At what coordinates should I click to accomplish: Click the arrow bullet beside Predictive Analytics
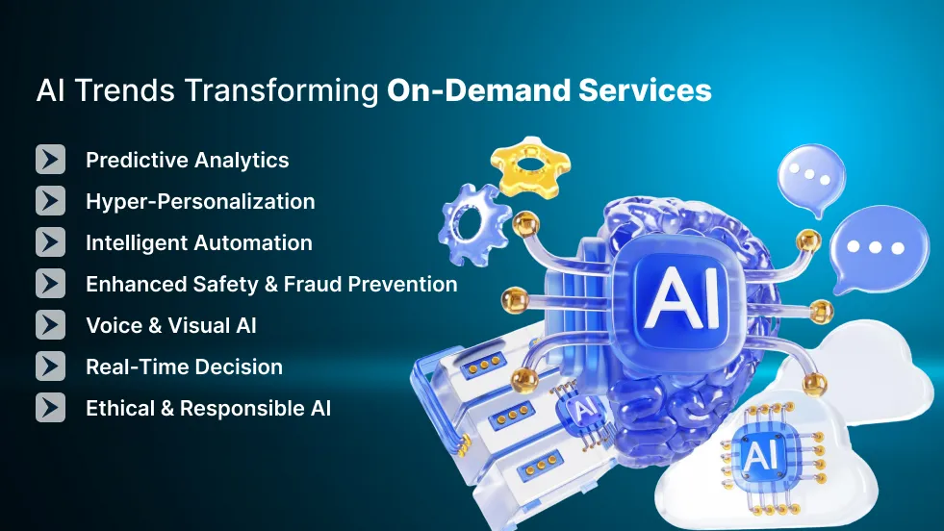tap(50, 160)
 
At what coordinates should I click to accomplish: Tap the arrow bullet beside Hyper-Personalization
tap(50, 201)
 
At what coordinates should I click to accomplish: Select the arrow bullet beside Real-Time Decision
tap(50, 367)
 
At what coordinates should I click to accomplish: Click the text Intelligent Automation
tap(198, 242)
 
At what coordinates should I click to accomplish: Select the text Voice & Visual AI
tap(170, 325)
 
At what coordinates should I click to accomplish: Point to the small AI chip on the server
tap(583, 409)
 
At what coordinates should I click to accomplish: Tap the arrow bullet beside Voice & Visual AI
tap(50, 325)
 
